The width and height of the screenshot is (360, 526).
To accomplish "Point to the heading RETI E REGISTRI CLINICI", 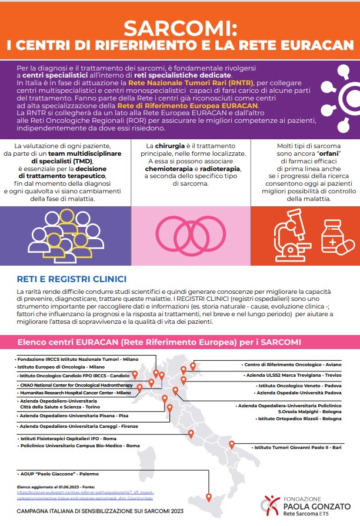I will pyautogui.click(x=71, y=278).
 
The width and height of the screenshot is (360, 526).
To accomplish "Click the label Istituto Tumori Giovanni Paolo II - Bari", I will pyautogui.click(x=298, y=447).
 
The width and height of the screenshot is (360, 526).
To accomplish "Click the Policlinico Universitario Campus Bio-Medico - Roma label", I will pyautogui.click(x=79, y=446).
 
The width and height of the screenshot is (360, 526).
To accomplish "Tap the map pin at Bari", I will pyautogui.click(x=232, y=445).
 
